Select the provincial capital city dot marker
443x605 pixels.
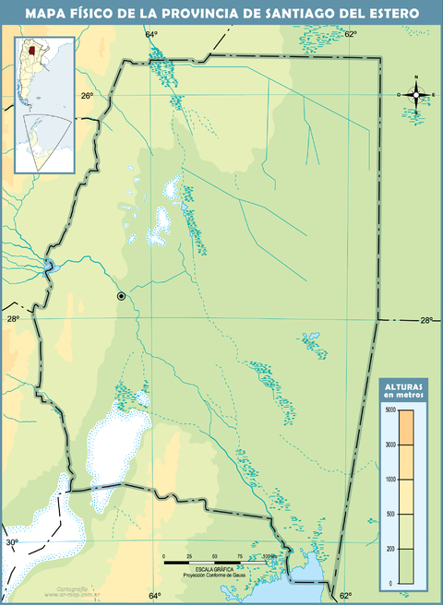coord(121,296)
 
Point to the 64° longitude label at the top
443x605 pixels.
coord(151,34)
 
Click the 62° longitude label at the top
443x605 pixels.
coord(351,34)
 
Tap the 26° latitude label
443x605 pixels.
coord(86,96)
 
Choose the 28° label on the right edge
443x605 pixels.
coord(425,320)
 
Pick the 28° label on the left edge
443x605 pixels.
coord(13,319)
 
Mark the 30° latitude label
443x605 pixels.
coord(12,542)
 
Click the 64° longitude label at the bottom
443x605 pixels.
coord(154,595)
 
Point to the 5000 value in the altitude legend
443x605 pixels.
coord(390,409)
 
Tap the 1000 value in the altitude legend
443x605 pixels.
coord(390,479)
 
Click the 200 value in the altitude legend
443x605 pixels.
coord(391,549)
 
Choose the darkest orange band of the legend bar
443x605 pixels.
coord(406,426)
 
